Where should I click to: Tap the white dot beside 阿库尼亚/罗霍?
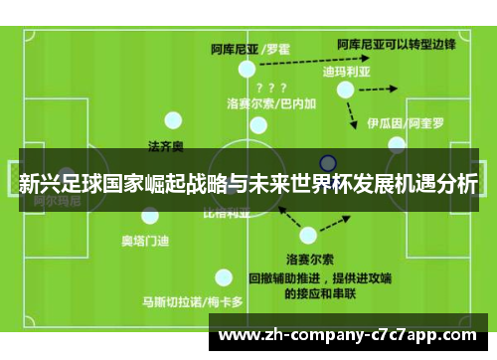[247, 69]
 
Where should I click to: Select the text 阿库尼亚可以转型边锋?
[397, 44]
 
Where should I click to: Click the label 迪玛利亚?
[345, 72]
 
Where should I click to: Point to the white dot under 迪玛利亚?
[345, 90]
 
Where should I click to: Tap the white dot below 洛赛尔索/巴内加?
[258, 125]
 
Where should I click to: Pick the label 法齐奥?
[165, 146]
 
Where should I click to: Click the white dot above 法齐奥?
[174, 120]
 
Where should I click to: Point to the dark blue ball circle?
[328, 162]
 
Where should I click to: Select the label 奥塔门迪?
[144, 240]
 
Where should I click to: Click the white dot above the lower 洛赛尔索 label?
[308, 236]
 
